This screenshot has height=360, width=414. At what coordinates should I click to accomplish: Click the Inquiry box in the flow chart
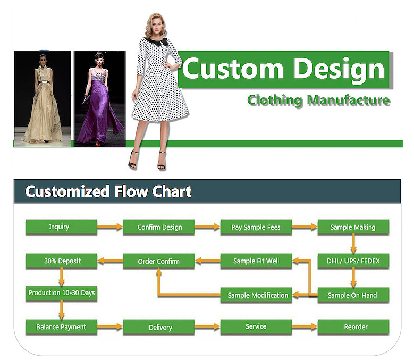pyautogui.click(x=61, y=227)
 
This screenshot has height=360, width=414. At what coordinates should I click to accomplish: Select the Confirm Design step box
pyautogui.click(x=159, y=227)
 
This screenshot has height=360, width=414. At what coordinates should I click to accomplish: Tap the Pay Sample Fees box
pyautogui.click(x=256, y=227)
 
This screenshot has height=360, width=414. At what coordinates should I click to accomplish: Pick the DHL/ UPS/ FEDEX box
pyautogui.click(x=353, y=261)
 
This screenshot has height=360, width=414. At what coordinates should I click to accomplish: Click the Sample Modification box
pyautogui.click(x=256, y=295)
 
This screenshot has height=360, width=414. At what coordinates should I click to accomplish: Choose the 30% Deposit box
pyautogui.click(x=61, y=261)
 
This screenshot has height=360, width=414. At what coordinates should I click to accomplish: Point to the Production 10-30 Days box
pyautogui.click(x=61, y=293)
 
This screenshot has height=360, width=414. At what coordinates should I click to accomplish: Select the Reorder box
pyautogui.click(x=353, y=327)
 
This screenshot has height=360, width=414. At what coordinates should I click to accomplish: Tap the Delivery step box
pyautogui.click(x=159, y=327)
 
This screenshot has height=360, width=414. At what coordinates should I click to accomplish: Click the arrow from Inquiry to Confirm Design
pyautogui.click(x=110, y=227)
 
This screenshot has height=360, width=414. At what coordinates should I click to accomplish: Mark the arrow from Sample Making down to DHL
pyautogui.click(x=353, y=244)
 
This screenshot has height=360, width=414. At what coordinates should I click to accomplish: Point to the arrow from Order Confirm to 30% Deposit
pyautogui.click(x=111, y=261)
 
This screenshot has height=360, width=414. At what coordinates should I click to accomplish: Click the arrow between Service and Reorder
pyautogui.click(x=305, y=327)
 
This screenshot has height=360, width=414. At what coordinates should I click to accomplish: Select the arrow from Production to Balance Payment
pyautogui.click(x=62, y=310)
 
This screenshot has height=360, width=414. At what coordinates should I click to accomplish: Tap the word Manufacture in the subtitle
pyautogui.click(x=348, y=100)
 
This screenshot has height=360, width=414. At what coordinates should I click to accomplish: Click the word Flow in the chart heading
pyautogui.click(x=131, y=191)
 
